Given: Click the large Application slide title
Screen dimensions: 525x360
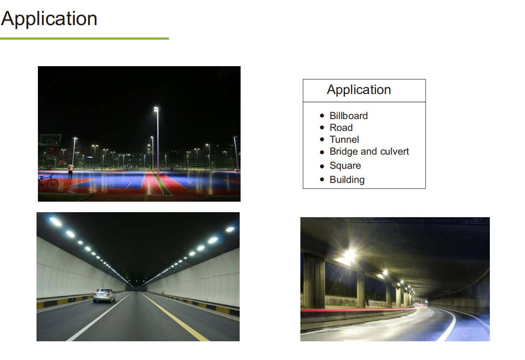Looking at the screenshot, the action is [49, 19].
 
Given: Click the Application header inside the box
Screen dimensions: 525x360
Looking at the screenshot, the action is [359, 90].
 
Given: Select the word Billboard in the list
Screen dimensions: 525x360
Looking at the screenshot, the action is [348, 116].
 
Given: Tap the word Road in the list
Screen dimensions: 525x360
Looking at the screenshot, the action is [341, 127].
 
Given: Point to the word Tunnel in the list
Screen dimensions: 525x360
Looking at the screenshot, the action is [344, 140].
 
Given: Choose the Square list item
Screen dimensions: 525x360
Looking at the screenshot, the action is [345, 166].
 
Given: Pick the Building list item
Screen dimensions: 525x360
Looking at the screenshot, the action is [347, 180].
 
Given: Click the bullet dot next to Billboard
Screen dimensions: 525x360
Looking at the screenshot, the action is [322, 116].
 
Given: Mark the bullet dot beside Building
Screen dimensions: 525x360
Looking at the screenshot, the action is [322, 180].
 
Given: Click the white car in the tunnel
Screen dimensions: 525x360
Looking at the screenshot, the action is [104, 295].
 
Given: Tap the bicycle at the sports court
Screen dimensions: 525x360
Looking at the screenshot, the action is [48, 183].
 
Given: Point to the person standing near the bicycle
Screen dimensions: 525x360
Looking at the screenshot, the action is [70, 171].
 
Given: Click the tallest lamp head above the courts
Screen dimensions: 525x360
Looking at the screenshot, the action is [157, 109].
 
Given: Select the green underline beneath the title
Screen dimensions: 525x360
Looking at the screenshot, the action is [84, 38].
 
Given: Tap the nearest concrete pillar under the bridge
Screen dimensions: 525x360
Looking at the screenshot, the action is [314, 281].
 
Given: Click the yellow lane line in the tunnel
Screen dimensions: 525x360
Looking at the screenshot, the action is [175, 317].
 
